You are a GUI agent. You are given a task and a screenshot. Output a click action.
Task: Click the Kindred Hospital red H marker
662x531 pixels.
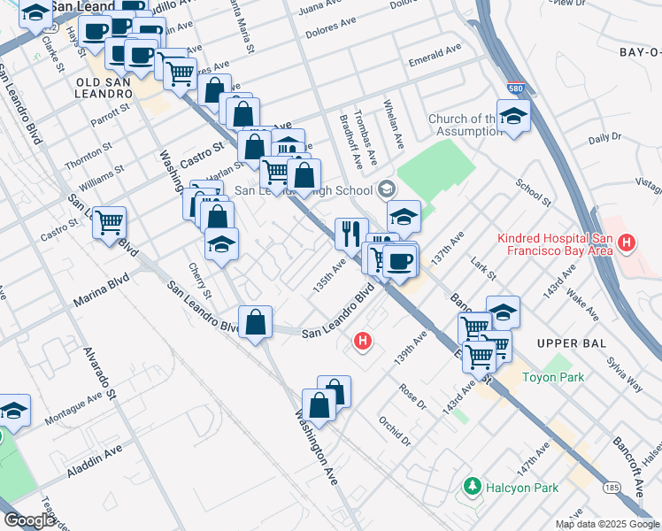(x=627, y=242)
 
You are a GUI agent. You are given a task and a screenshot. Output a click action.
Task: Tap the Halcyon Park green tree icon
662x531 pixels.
(x=472, y=487)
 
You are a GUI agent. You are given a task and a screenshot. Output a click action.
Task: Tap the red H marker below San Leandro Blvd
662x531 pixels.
(x=362, y=340)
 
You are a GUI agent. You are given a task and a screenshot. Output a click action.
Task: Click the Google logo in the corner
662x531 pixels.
(x=29, y=520)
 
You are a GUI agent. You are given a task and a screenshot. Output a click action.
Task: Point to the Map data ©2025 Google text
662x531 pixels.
(x=608, y=524)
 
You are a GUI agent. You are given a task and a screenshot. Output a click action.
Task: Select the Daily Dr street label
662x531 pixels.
(x=604, y=138)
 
